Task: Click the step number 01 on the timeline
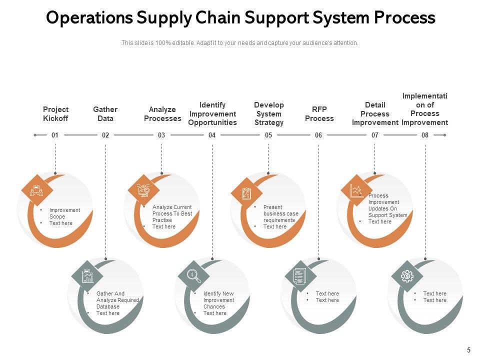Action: [55, 135]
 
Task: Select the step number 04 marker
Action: [212, 135]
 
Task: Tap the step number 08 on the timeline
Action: [425, 135]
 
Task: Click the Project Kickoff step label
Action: [55, 114]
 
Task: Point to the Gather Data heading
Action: [105, 114]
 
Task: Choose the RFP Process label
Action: [319, 114]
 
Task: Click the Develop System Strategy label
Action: [268, 114]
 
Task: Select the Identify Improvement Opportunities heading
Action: [212, 114]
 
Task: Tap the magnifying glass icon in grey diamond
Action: [193, 275]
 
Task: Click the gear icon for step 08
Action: [407, 275]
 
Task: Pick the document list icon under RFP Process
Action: [300, 275]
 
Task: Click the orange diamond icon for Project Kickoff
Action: [37, 190]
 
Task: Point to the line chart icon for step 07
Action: [356, 190]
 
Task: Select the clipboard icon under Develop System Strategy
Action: [246, 193]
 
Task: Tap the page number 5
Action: [468, 350]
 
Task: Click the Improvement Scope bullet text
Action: [64, 213]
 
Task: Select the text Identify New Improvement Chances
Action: [218, 300]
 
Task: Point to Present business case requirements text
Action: [280, 213]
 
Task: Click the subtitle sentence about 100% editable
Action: [240, 43]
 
